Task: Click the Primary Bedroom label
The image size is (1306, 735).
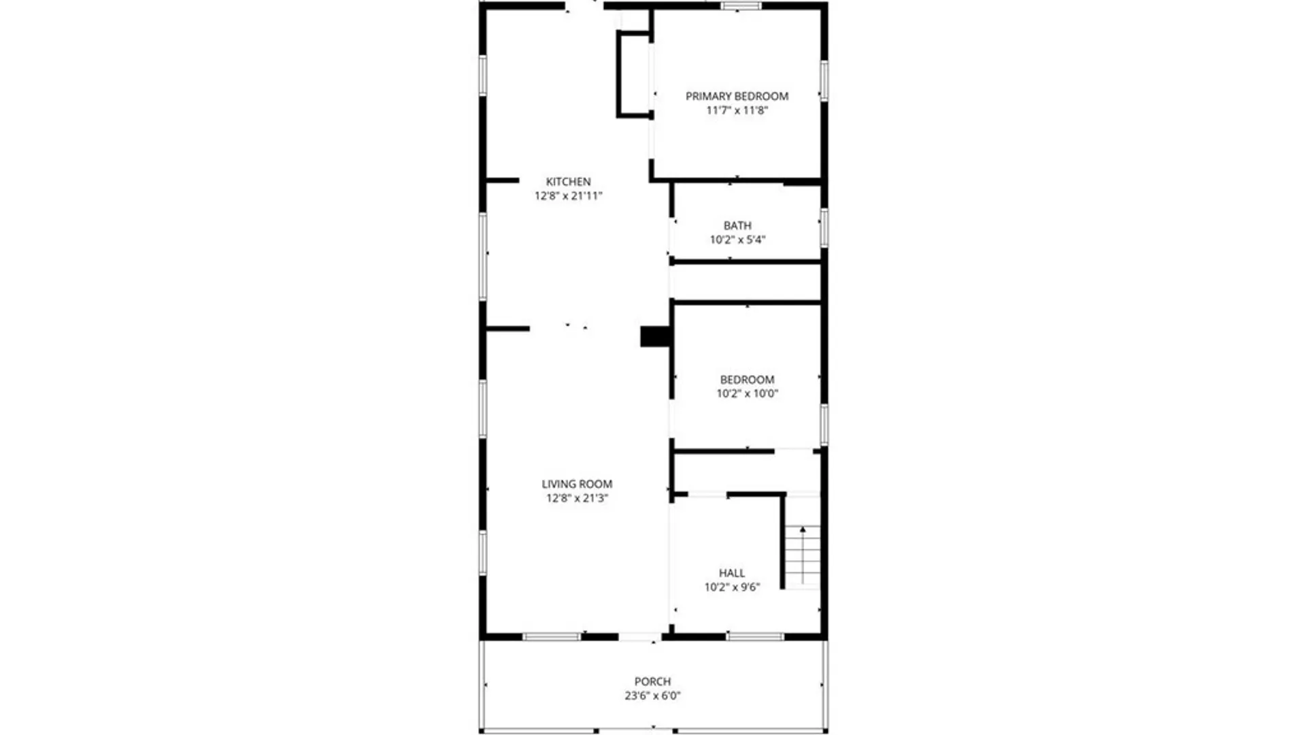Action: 737,97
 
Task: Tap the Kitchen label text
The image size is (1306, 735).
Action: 568,182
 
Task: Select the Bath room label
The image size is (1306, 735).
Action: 737,225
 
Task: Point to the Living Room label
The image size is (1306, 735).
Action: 577,484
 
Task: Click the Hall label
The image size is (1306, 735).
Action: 732,573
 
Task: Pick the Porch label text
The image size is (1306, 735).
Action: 652,681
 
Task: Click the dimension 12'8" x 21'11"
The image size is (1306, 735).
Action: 568,196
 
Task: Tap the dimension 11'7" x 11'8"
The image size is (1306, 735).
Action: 737,110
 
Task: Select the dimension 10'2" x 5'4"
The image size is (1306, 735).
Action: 737,240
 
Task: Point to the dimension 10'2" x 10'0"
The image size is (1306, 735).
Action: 747,393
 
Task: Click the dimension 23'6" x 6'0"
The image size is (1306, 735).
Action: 652,696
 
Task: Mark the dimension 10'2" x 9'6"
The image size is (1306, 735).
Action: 732,587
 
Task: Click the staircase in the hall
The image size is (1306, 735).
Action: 803,555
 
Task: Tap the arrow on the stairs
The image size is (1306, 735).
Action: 803,530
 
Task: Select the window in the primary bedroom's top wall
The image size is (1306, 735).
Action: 741,6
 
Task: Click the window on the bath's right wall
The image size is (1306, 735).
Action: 824,227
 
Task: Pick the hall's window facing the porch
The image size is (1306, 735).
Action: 755,637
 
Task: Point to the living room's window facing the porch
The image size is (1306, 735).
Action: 552,637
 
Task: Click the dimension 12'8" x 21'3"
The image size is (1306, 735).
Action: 577,498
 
